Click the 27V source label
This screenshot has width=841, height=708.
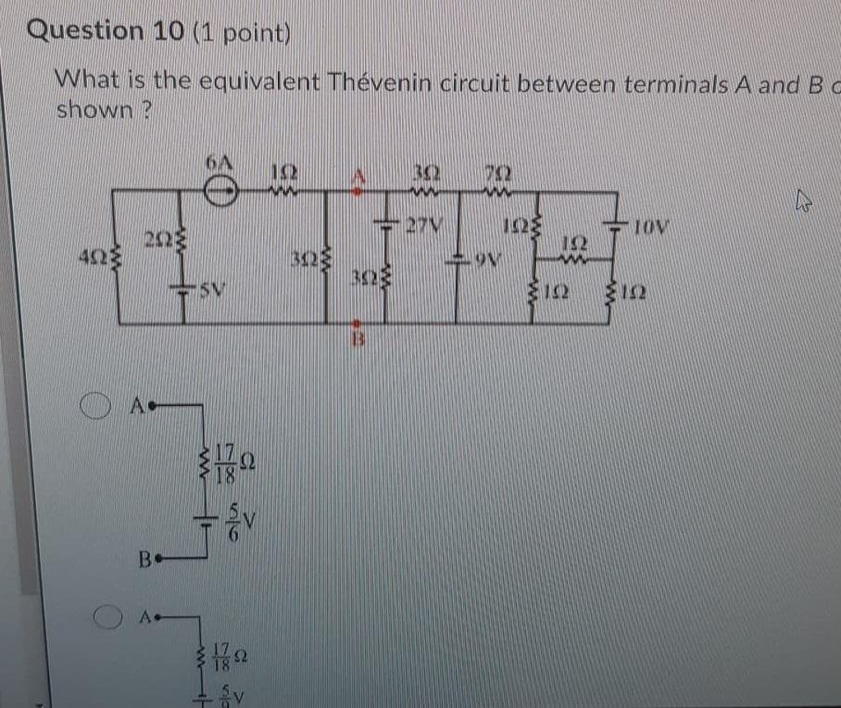(427, 223)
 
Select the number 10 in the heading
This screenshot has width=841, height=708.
(166, 31)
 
